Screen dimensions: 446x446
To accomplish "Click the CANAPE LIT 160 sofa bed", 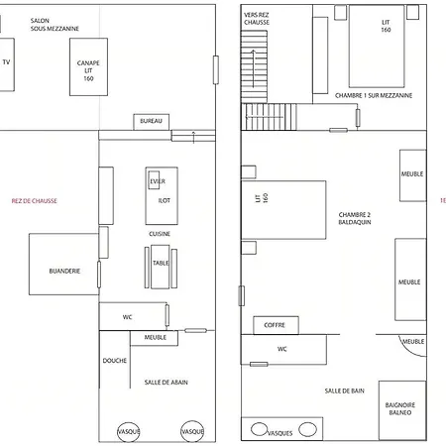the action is [88, 67].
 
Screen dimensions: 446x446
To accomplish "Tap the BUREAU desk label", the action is [151, 121].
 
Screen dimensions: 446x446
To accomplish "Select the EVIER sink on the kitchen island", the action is [154, 180].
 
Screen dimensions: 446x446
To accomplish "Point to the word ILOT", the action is [165, 200].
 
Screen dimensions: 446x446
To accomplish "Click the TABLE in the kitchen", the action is [161, 267].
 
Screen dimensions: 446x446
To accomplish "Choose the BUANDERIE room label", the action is [64, 271].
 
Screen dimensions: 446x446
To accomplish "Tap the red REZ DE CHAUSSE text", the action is [35, 201].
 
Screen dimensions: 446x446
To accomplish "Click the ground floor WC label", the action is [127, 317].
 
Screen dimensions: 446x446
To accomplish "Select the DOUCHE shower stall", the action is [115, 360].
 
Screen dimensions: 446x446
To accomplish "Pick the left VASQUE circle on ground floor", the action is [129, 431].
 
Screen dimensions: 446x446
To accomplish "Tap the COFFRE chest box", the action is [276, 325].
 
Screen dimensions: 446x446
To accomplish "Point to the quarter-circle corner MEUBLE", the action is [414, 346].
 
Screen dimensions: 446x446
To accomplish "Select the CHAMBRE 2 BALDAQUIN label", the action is [355, 218].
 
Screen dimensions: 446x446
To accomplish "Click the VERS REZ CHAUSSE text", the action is [257, 19].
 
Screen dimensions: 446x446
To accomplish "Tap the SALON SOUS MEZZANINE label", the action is [55, 25].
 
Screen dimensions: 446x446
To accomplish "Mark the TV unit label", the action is [6, 62].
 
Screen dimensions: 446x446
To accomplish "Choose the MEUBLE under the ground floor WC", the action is [154, 338].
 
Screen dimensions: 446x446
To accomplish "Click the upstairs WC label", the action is [282, 349].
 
